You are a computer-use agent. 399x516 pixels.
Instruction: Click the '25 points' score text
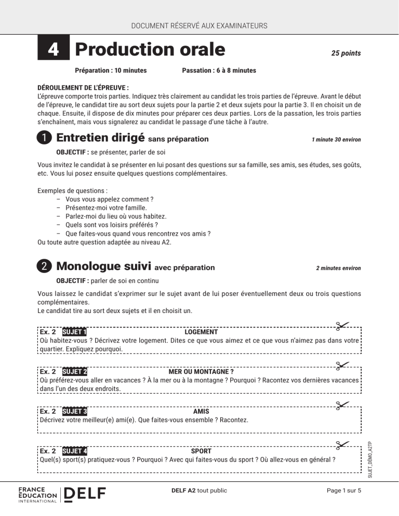(346, 53)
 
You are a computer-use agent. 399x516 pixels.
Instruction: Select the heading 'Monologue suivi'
(103, 267)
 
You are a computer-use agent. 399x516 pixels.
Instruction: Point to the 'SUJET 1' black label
(74, 332)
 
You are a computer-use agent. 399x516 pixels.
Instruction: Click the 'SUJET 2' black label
(74, 372)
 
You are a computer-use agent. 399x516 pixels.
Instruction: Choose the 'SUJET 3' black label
(74, 412)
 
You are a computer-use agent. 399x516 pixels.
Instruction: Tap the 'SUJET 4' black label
(74, 451)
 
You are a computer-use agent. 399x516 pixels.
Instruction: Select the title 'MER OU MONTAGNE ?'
(201, 372)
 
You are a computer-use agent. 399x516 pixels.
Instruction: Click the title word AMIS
(201, 412)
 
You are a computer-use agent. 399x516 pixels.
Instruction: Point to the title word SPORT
(201, 451)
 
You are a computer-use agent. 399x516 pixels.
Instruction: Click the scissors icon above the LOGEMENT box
(342, 325)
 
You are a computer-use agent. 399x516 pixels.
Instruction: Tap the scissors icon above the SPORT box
(342, 444)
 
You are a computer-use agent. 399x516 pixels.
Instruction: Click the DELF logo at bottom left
(84, 494)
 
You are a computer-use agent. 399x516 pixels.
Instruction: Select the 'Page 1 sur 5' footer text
(340, 490)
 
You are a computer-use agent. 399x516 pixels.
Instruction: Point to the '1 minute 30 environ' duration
(336, 140)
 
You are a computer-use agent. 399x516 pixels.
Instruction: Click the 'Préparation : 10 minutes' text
(111, 70)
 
